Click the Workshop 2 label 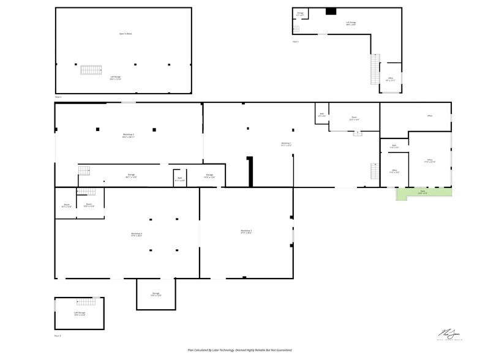(x=128, y=135)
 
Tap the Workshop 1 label (x=286, y=144)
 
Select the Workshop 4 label (x=137, y=234)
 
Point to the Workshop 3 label (x=247, y=231)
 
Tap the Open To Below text (x=126, y=34)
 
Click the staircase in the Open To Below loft (x=91, y=70)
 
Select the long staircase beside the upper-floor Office (x=375, y=69)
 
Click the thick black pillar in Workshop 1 (x=250, y=171)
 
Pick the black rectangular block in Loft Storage (x=331, y=11)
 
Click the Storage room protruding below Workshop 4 (x=156, y=294)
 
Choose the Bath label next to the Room (x=321, y=114)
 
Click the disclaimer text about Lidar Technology (x=240, y=350)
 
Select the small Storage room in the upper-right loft (x=300, y=13)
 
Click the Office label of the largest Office (x=430, y=162)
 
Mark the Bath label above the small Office (x=394, y=147)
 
